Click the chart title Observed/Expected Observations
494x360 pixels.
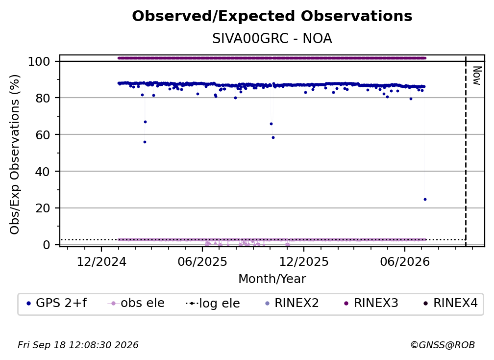point(272,16)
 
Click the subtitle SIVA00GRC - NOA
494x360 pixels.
point(272,39)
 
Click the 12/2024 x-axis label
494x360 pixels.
point(101,261)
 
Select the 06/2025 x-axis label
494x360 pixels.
point(202,261)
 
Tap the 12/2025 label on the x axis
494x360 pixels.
point(304,261)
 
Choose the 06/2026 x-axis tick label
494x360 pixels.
point(405,261)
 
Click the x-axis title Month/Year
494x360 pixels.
point(272,279)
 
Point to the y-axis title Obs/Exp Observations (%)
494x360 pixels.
point(15,154)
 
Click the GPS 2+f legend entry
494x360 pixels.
point(57,303)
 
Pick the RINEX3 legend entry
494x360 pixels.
point(371,303)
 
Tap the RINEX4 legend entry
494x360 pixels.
point(450,303)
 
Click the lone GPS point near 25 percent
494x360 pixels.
point(425,199)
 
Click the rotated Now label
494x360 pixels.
point(477,76)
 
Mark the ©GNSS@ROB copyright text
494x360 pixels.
point(443,345)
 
